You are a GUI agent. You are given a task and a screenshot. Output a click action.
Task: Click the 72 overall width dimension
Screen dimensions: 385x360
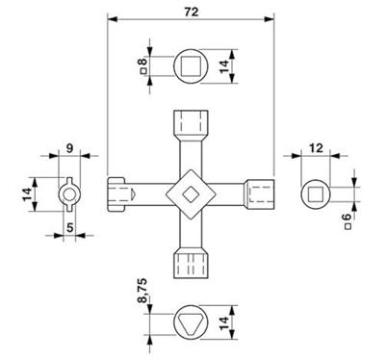pyautogui.click(x=192, y=12)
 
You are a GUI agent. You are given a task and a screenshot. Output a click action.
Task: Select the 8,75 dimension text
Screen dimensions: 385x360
pyautogui.click(x=142, y=291)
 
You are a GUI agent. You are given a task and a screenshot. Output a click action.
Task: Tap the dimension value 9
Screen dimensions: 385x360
pyautogui.click(x=69, y=148)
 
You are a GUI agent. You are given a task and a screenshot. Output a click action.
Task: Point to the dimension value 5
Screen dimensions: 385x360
pyautogui.click(x=70, y=227)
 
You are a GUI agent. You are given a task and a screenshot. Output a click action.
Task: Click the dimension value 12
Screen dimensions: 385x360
pyautogui.click(x=316, y=148)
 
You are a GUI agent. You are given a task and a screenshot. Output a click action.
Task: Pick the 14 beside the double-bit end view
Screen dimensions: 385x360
pyautogui.click(x=27, y=194)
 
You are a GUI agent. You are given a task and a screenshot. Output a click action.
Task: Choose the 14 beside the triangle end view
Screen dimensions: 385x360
pyautogui.click(x=224, y=322)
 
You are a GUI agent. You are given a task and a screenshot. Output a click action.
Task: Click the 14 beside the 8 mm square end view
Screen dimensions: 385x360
pyautogui.click(x=224, y=66)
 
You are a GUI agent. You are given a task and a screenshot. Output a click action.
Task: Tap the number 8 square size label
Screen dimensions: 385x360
pyautogui.click(x=143, y=61)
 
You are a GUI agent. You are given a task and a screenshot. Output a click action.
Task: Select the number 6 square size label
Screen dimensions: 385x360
pyautogui.click(x=347, y=218)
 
